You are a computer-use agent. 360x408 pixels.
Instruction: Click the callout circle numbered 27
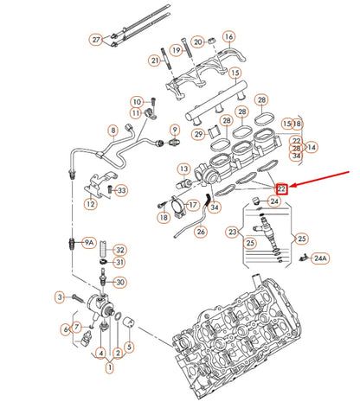pos(96,39)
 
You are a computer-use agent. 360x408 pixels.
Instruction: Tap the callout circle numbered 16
pos(228,37)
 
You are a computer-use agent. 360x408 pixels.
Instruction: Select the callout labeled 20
pos(198,41)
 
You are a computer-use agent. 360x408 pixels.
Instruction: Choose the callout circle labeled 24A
pos(320,258)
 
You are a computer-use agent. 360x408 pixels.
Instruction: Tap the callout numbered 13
pos(183,169)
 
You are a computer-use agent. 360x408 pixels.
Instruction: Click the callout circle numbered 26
pos(112,131)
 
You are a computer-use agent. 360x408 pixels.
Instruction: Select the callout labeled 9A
pos(88,243)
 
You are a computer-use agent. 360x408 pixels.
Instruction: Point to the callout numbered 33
pos(121,190)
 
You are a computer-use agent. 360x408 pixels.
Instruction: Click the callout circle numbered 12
pos(90,205)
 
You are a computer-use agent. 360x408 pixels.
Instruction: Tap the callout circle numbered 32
pos(120,249)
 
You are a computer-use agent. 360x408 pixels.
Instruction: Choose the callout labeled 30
pos(120,282)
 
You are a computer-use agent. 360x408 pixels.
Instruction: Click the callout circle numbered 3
pos(60,296)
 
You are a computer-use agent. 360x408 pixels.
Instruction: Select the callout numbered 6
pos(65,328)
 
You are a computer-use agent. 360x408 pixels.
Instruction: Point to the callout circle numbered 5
pos(130,347)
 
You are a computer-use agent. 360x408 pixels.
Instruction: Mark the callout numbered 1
pos(109,367)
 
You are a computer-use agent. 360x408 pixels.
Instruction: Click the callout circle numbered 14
pos(311,148)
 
